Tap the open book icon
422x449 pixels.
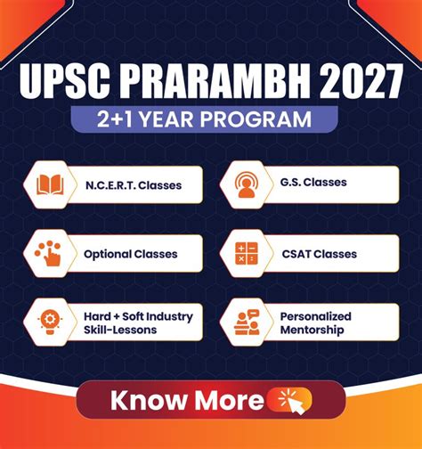tap(49, 185)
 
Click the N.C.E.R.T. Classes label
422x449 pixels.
tap(133, 186)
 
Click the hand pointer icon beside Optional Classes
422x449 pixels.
tap(49, 254)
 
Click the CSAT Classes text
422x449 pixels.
tap(319, 254)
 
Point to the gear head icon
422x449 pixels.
tap(49, 322)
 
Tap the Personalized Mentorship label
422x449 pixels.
tap(316, 322)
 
